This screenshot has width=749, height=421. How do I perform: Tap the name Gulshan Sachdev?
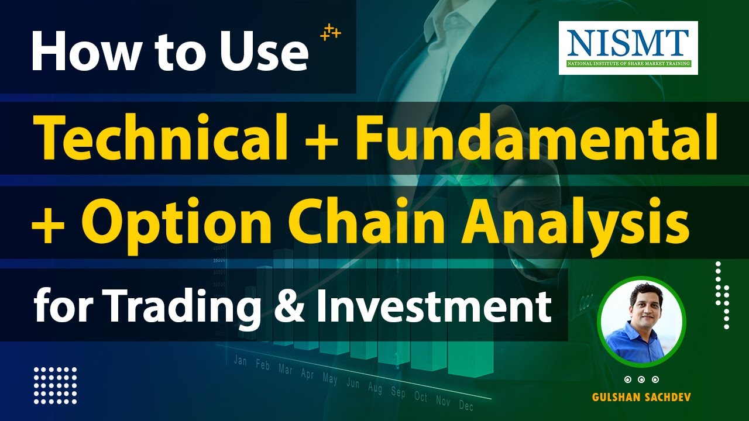641,398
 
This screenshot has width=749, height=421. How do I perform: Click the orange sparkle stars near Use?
330,33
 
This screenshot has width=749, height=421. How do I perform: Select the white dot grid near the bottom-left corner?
55,385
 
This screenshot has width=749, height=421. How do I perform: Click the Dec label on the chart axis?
466,405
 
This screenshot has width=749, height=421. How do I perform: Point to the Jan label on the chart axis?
240,360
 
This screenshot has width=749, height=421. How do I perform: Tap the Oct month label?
421,396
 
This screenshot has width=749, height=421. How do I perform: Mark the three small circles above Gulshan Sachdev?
641,379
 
